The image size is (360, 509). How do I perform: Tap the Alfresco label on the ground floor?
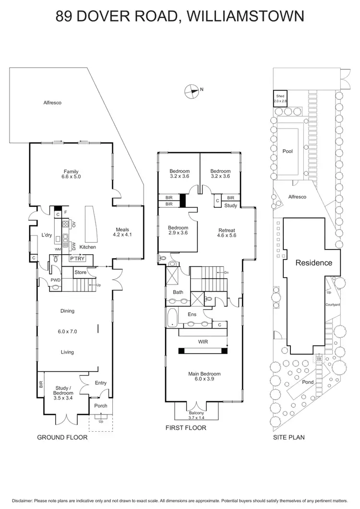coord(52,103)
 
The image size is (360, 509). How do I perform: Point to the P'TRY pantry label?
coord(77,259)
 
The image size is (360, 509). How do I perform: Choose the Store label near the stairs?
coord(80,273)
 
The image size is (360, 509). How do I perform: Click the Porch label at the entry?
coord(101,406)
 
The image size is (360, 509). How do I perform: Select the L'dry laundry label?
coord(47,235)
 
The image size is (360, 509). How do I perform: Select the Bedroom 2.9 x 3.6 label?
coord(178,230)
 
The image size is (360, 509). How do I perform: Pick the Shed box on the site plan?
coord(280,98)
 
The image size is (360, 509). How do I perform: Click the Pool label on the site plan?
coord(288,151)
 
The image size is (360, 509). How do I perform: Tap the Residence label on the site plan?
coord(313,263)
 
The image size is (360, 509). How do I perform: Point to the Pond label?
coord(308,382)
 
